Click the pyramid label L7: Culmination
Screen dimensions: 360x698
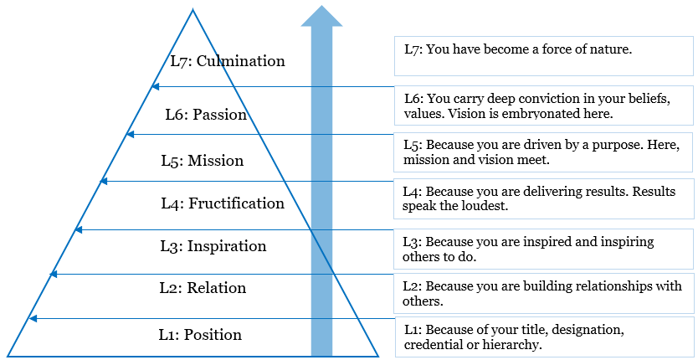(x=227, y=61)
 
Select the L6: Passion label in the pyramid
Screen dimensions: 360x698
(x=205, y=115)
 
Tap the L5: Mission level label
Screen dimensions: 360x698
(x=202, y=160)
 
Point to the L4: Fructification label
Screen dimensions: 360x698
(x=223, y=203)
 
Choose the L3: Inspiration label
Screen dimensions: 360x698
(x=213, y=246)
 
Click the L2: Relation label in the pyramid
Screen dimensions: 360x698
(x=203, y=288)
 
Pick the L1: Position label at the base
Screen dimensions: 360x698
(x=200, y=335)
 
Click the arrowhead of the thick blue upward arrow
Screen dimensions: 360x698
(x=321, y=16)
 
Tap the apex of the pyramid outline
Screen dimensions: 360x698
(x=192, y=9)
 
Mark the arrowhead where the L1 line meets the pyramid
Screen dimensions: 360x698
(x=33, y=318)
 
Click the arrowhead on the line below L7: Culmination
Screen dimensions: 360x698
(x=155, y=86)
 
